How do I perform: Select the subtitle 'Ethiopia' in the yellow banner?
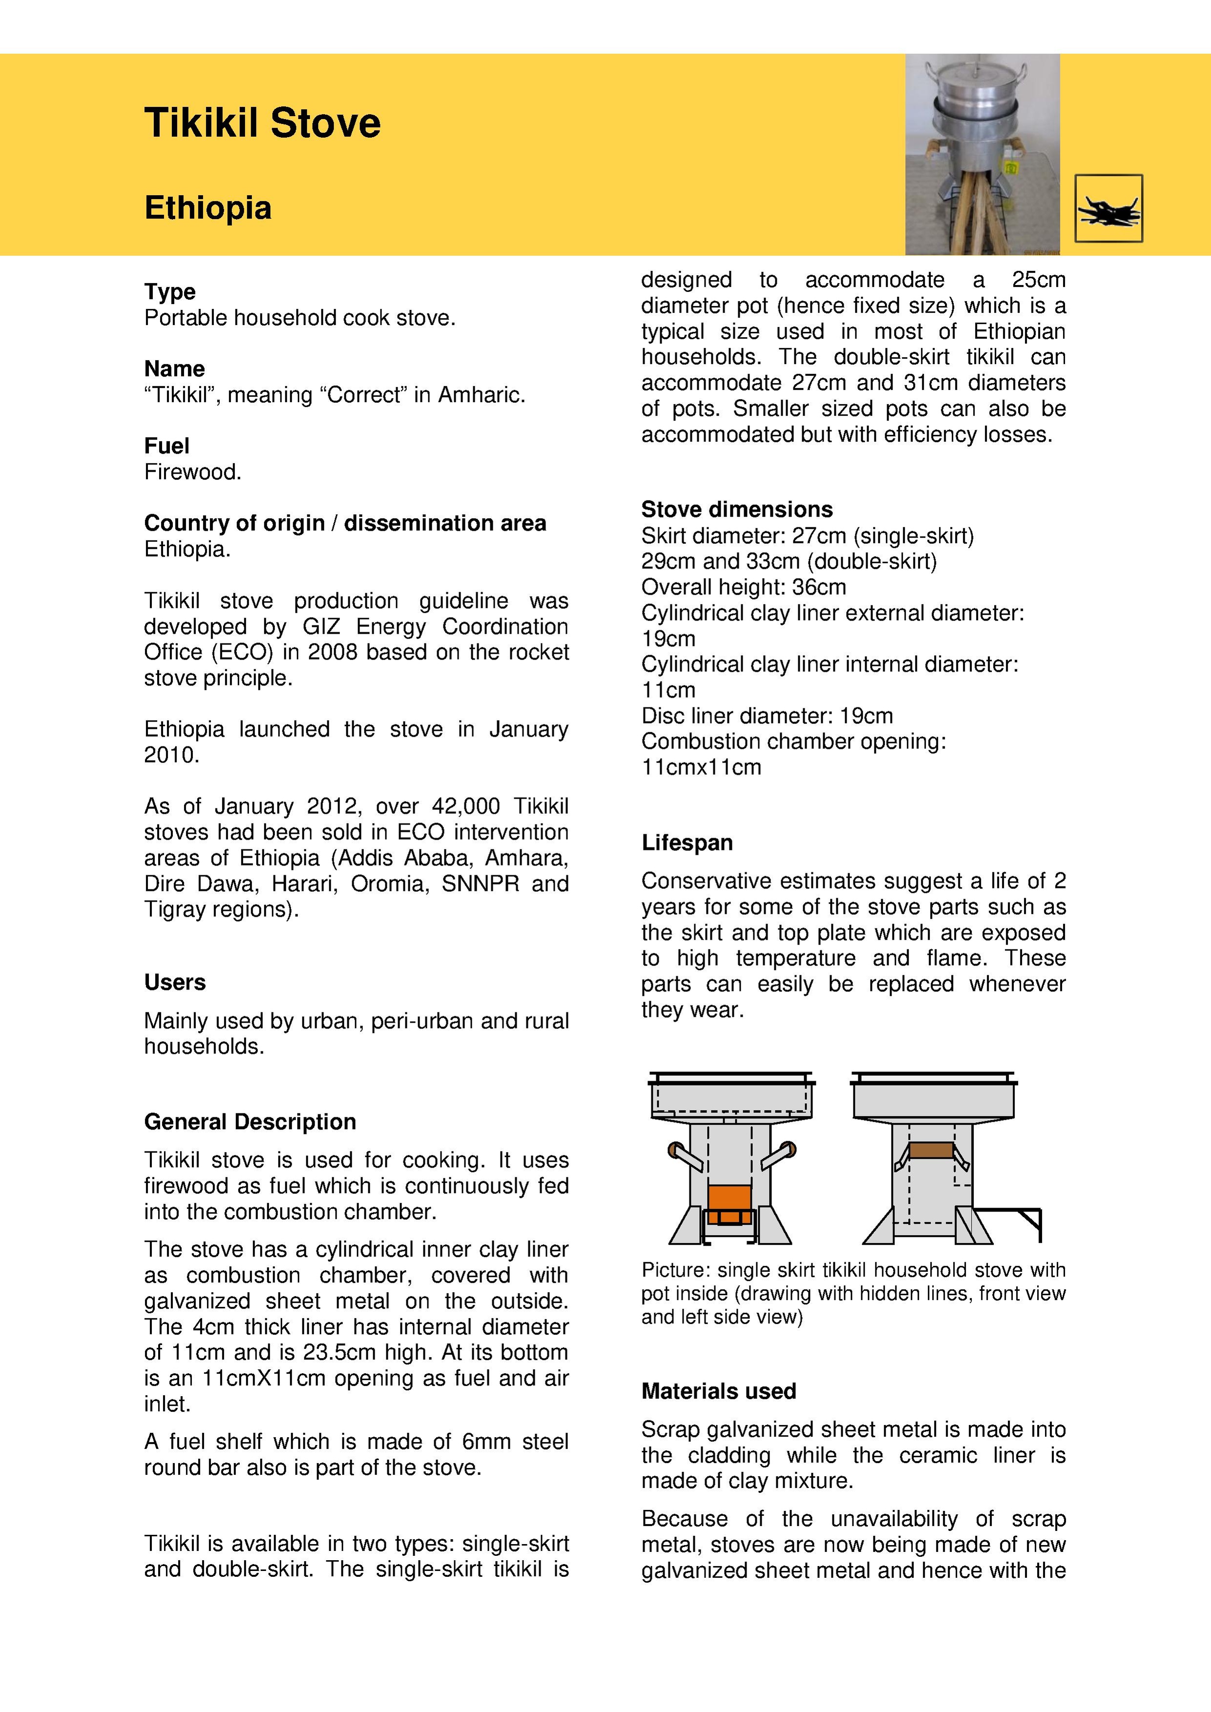[x=208, y=208]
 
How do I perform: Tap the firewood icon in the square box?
[x=1108, y=209]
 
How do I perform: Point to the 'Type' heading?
[x=170, y=291]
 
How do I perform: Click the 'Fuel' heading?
[x=167, y=446]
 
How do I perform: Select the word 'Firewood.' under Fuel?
[x=192, y=472]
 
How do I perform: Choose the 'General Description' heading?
[x=250, y=1121]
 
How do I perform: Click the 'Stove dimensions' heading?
[x=737, y=509]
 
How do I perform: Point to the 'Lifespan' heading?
[x=687, y=843]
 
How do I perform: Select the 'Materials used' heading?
[x=718, y=1391]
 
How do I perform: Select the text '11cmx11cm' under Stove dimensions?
[x=701, y=767]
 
